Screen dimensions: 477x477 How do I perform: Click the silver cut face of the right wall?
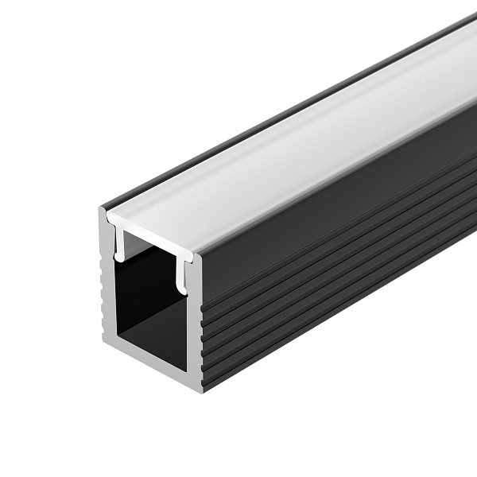click(196, 318)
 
